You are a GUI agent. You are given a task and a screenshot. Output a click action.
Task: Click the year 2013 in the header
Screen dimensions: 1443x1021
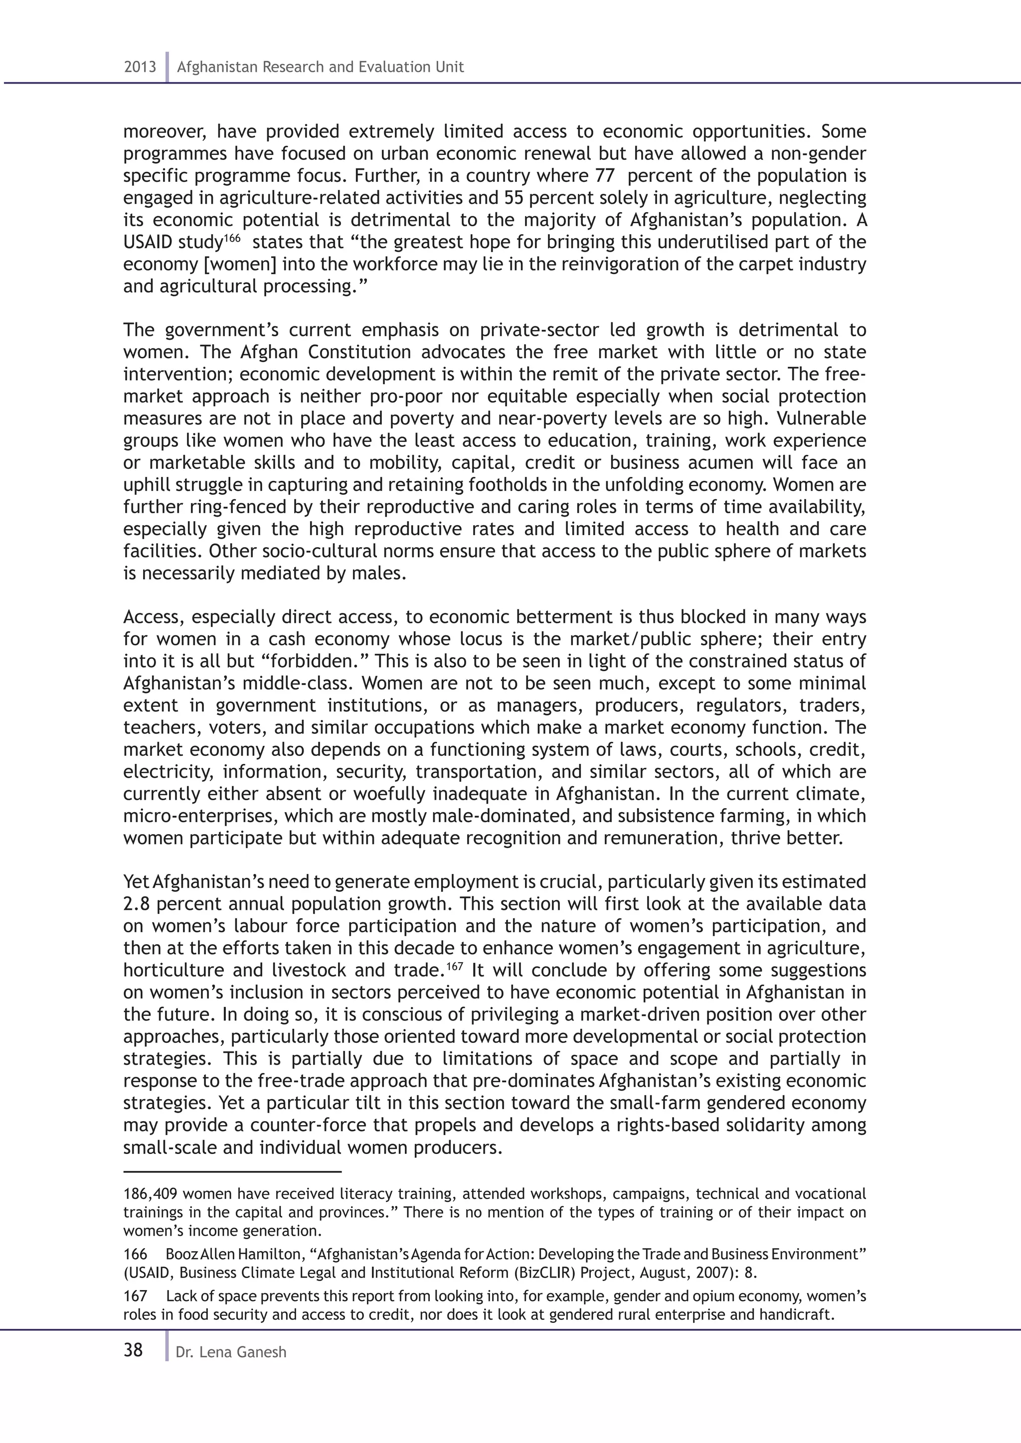140,67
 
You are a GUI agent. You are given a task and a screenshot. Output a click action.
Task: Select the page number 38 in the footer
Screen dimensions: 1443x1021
133,1349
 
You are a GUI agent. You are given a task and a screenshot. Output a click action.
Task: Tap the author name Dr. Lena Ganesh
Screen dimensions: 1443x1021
231,1352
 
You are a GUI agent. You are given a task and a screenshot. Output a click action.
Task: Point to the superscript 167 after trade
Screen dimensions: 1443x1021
455,965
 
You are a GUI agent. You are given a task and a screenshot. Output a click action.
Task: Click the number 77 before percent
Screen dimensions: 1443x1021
604,175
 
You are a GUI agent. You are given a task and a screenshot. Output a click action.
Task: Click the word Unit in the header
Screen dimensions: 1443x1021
450,67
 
